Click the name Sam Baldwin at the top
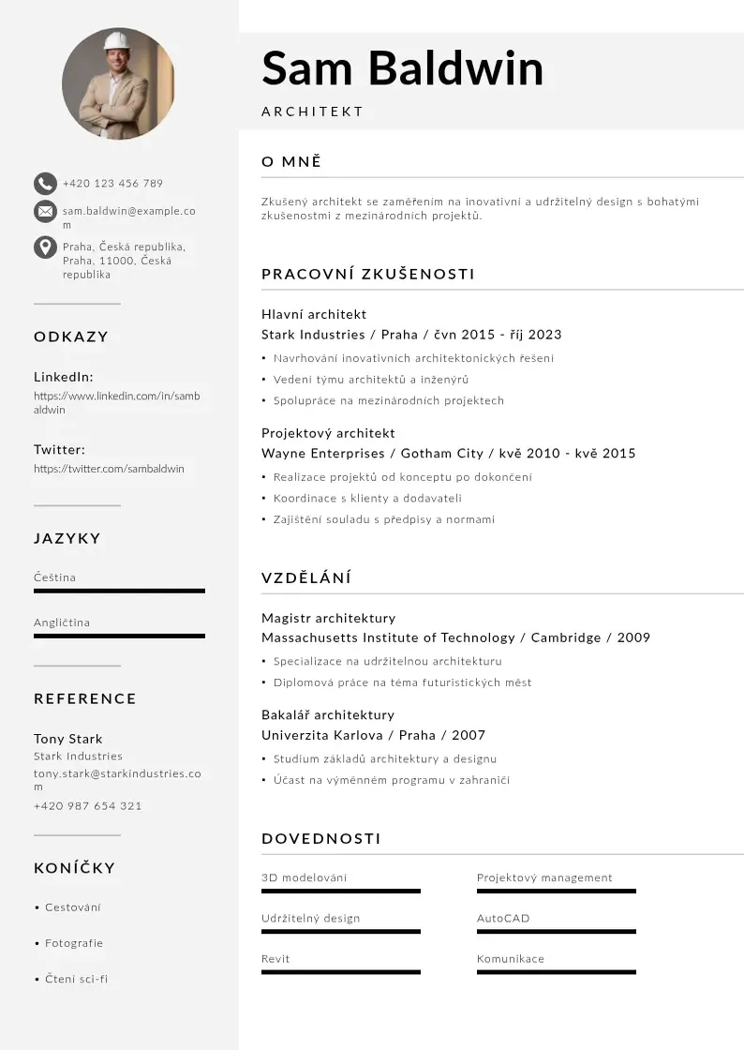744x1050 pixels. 402,68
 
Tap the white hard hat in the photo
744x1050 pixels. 117,40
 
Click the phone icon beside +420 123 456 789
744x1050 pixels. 45,183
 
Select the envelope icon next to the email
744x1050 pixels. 45,211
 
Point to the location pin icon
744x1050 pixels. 45,247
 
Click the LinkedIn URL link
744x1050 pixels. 116,402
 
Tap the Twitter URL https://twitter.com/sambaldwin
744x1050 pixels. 109,469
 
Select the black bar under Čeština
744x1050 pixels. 119,591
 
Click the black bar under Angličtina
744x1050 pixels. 119,636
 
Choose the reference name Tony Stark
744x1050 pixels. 68,739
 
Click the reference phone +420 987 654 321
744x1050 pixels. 88,806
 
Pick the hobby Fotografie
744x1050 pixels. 74,943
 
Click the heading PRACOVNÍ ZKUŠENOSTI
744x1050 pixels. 368,274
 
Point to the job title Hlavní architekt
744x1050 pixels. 314,314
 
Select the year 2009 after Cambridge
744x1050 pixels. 633,637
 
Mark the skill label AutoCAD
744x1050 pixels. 503,919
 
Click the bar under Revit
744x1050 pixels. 341,972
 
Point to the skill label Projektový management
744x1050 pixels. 544,878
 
